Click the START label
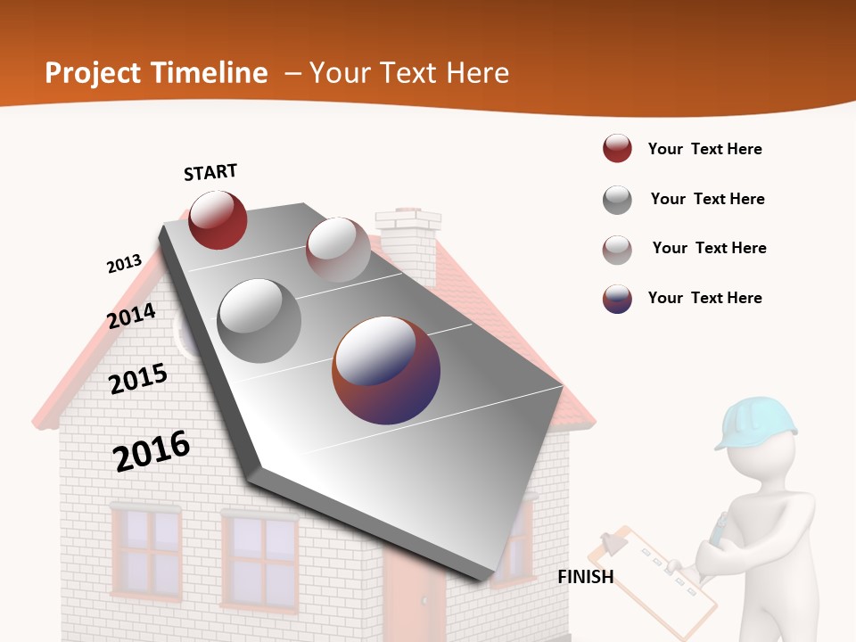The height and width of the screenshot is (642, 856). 210,172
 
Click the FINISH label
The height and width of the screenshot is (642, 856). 585,577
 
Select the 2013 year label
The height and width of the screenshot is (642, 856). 124,264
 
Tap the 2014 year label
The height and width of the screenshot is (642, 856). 132,316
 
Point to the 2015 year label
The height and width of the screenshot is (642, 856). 138,379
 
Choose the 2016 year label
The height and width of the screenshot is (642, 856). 152,450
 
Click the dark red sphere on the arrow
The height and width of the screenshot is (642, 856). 218,219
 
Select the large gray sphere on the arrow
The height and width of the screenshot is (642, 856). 259,320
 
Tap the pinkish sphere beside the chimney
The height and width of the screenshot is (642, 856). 338,250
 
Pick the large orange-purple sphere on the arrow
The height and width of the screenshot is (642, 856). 386,370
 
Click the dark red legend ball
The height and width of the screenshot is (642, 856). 617,149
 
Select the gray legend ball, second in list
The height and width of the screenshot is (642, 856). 617,200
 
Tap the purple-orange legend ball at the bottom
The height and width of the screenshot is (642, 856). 617,299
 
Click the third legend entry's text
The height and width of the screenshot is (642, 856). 709,248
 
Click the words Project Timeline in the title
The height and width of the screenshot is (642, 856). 156,73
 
